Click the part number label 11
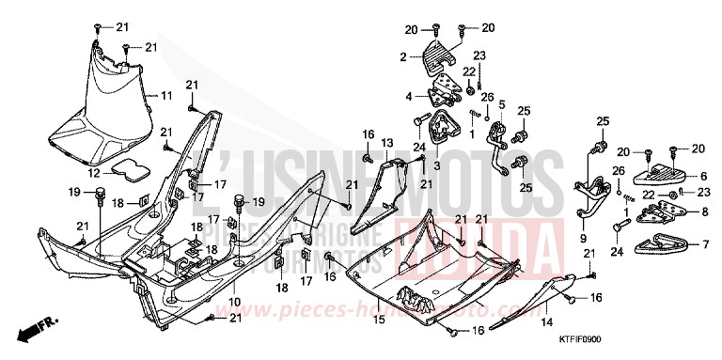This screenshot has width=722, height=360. [x=165, y=96]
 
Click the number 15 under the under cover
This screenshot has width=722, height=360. [x=379, y=320]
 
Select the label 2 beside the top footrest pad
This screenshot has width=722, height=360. [x=403, y=57]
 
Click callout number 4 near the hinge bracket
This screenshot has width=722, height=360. [x=408, y=96]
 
